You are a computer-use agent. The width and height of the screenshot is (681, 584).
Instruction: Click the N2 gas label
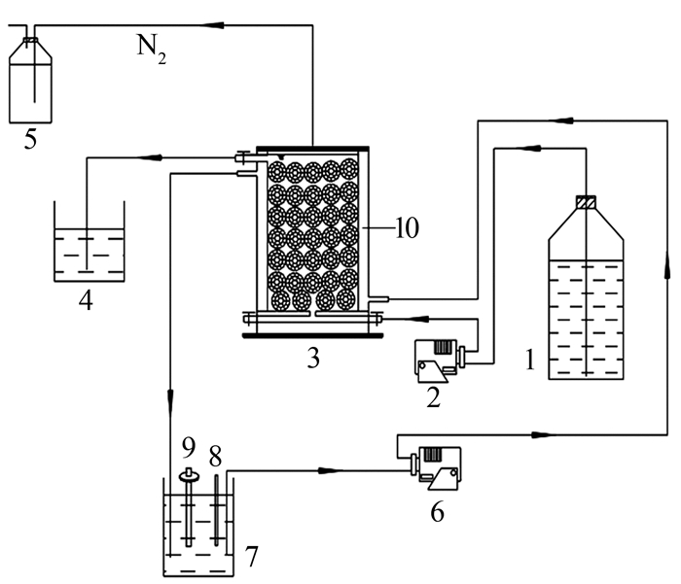click(x=152, y=50)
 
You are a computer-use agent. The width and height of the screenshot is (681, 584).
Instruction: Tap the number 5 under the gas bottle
click(x=30, y=139)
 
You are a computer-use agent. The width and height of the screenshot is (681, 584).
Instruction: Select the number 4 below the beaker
click(x=86, y=300)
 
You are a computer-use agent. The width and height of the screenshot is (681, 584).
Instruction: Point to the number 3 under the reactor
click(x=313, y=358)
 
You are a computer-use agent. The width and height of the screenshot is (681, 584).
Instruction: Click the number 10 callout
click(x=407, y=227)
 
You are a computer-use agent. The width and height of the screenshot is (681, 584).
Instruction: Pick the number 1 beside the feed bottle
click(x=530, y=360)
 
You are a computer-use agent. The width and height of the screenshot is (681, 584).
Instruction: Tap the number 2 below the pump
click(x=433, y=397)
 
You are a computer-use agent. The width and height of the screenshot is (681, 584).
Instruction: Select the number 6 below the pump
click(x=437, y=511)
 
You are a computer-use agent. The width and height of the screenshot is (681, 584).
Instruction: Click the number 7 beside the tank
click(x=251, y=556)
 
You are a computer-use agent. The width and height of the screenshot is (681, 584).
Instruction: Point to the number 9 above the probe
click(x=189, y=447)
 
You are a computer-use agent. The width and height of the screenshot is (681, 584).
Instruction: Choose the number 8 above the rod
click(x=215, y=456)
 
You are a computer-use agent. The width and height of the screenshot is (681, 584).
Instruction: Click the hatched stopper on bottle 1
click(x=586, y=202)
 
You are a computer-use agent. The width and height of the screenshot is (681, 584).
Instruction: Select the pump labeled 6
click(x=436, y=468)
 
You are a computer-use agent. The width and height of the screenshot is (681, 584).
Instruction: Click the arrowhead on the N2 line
click(x=213, y=25)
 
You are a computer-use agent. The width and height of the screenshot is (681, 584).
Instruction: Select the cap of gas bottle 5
click(x=30, y=42)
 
